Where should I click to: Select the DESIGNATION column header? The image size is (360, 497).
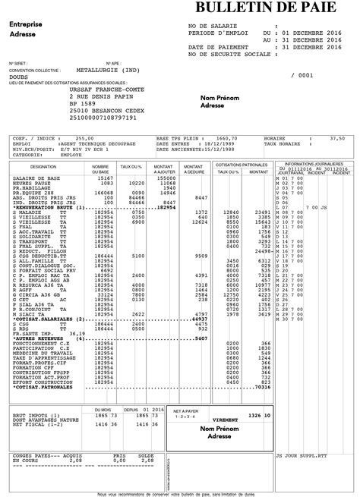pyautogui.click(x=43, y=165)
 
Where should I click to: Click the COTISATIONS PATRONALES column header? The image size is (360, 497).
pyautogui.click(x=242, y=164)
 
